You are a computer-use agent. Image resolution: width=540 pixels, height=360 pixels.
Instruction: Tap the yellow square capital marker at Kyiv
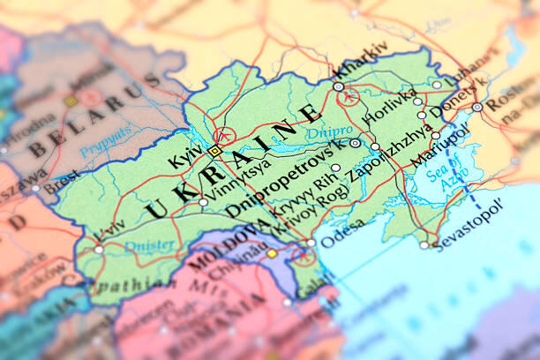[214, 151]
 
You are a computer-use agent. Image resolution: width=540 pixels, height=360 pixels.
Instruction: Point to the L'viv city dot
[99, 249]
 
